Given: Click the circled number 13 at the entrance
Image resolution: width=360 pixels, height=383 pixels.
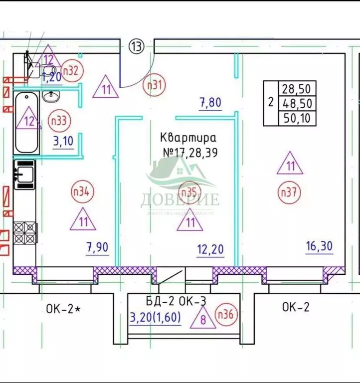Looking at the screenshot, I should pyautogui.click(x=136, y=46).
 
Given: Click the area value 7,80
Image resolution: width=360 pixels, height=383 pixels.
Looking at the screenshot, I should pyautogui.click(x=210, y=103).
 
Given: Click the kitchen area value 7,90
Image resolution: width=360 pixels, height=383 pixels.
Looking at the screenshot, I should pyautogui.click(x=97, y=247).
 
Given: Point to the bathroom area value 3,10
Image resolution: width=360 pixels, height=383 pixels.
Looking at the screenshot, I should pyautogui.click(x=63, y=141).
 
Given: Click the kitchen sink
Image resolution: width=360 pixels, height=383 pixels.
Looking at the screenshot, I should pyautogui.click(x=24, y=174).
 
